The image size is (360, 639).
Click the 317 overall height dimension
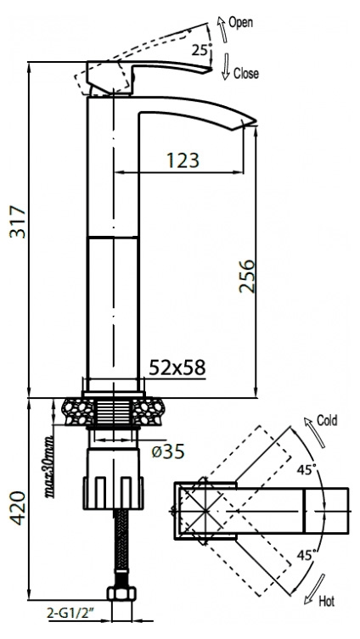point(18,222)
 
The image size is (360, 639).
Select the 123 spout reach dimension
point(183,160)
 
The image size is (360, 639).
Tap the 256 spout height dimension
point(247,276)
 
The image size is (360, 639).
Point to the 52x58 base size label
point(177,367)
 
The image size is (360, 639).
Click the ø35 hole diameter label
point(168,451)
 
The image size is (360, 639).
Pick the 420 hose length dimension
point(18,507)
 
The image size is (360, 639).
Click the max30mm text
point(49,467)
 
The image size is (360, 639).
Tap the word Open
point(240,23)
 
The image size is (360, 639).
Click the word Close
point(246,73)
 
